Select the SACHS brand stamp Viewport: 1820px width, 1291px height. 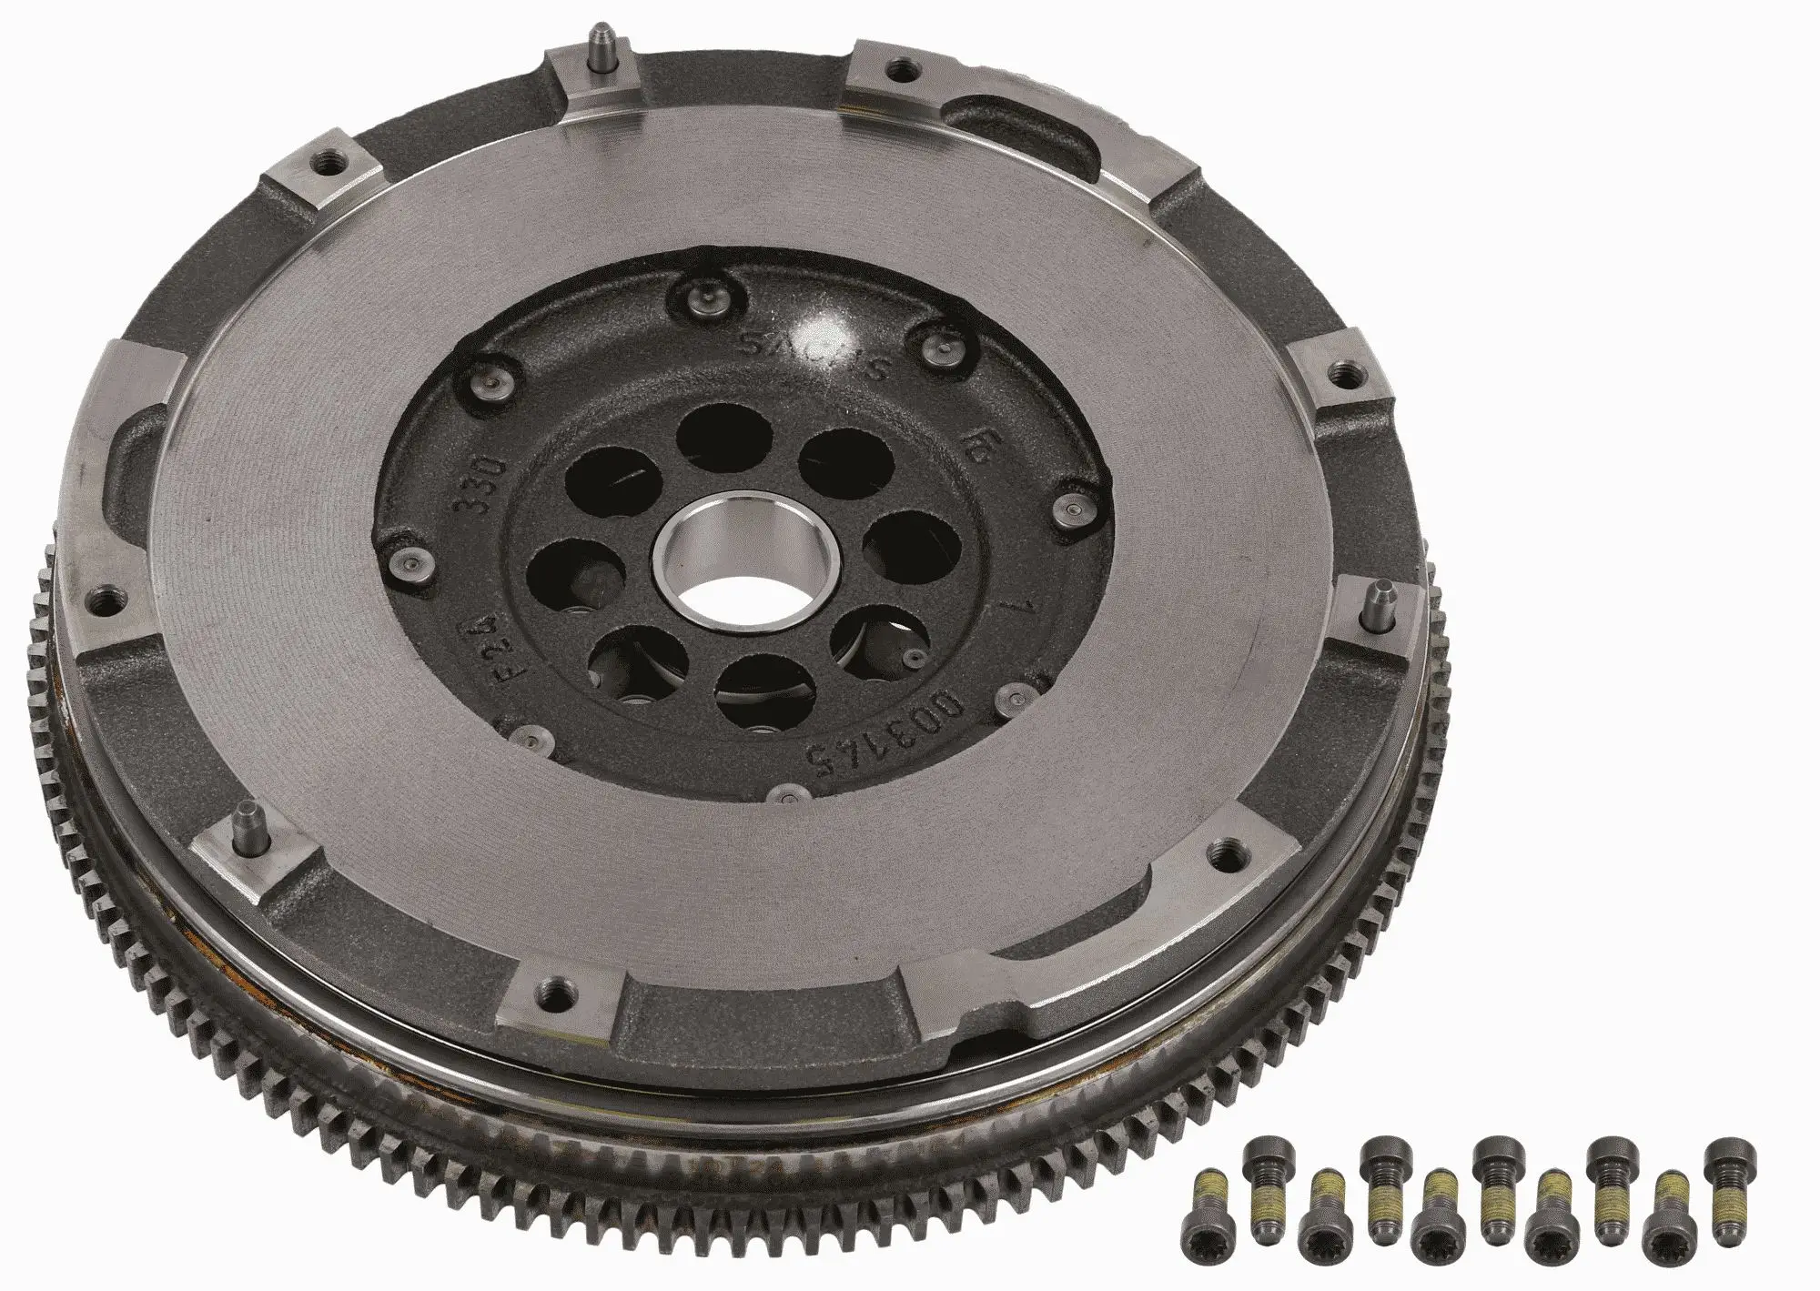(x=806, y=350)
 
